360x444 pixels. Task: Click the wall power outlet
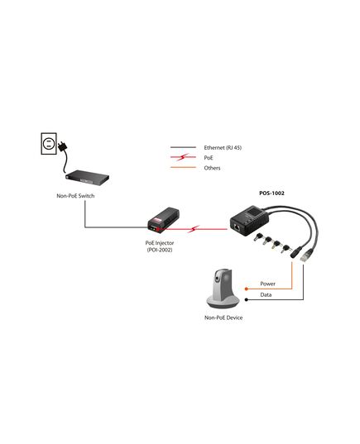pyautogui.click(x=49, y=144)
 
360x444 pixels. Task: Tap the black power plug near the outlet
pyautogui.click(x=63, y=146)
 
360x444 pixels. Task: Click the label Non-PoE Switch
pyautogui.click(x=75, y=196)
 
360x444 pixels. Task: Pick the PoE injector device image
pyautogui.click(x=163, y=220)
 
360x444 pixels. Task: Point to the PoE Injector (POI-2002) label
pyautogui.click(x=160, y=246)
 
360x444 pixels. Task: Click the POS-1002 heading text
pyautogui.click(x=271, y=193)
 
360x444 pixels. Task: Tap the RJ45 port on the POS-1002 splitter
pyautogui.click(x=237, y=227)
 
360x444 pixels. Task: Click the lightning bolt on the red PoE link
pyautogui.click(x=194, y=229)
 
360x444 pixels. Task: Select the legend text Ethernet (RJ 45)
pyautogui.click(x=223, y=147)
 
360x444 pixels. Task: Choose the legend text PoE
pyautogui.click(x=209, y=158)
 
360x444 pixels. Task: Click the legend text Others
pyautogui.click(x=212, y=168)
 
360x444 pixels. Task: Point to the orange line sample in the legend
pyautogui.click(x=183, y=167)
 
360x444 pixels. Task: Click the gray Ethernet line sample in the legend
pyautogui.click(x=183, y=147)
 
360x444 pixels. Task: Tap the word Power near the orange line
pyautogui.click(x=267, y=284)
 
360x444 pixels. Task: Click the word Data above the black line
pyautogui.click(x=266, y=295)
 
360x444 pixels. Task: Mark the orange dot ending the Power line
pyautogui.click(x=247, y=289)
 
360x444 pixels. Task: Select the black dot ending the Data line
pyautogui.click(x=247, y=299)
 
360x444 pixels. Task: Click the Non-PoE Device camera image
pyautogui.click(x=223, y=288)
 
